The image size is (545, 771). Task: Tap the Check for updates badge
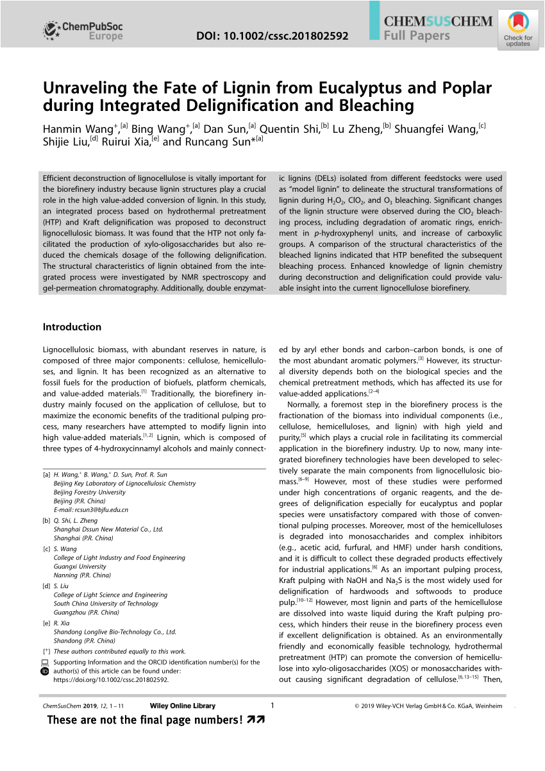tap(517, 30)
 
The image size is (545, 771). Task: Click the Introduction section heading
tap(72, 326)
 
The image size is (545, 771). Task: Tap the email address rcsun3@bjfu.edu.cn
tap(91, 510)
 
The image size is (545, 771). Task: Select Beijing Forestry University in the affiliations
tap(90, 492)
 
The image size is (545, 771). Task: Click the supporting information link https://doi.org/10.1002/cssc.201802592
tap(112, 680)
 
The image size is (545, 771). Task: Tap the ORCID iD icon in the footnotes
tap(45, 672)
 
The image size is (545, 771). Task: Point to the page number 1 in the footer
tap(272, 706)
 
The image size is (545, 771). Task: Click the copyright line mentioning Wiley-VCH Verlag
tap(428, 706)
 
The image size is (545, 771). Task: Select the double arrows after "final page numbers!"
tap(256, 720)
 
